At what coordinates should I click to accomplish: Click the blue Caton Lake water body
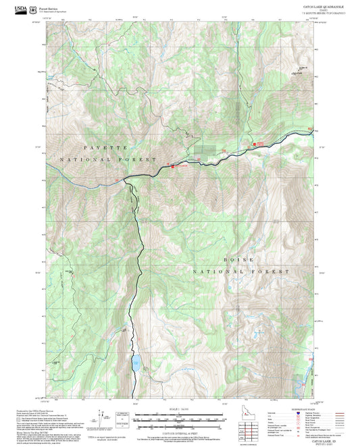click(x=136, y=364)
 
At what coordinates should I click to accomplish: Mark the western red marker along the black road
click(x=174, y=166)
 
